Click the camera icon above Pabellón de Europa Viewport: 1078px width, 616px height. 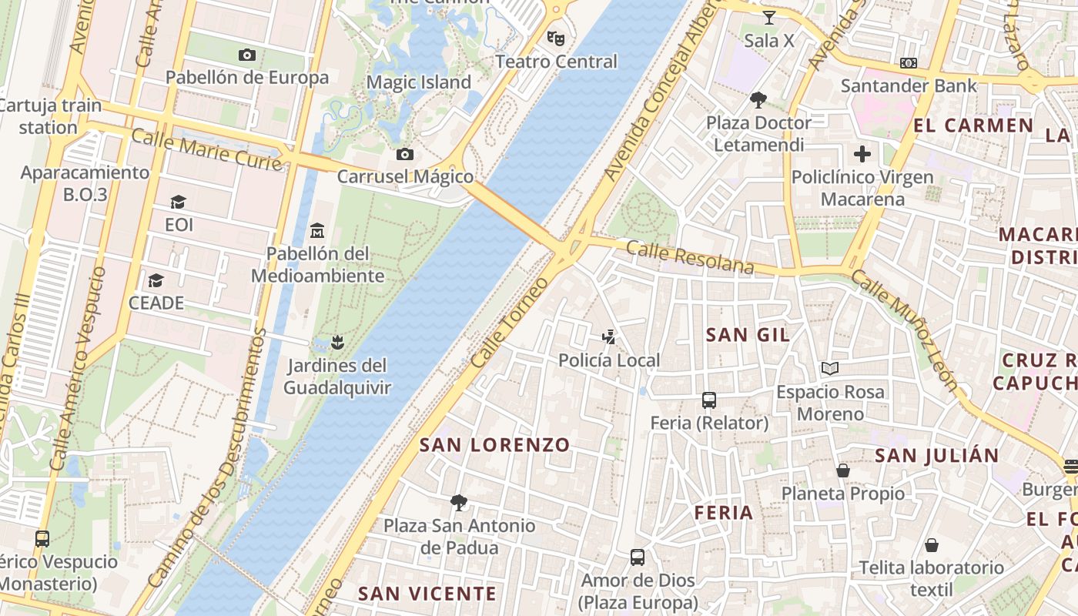click(247, 55)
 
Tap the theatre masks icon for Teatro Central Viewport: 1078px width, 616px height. click(556, 38)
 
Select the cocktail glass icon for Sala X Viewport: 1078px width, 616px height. click(768, 17)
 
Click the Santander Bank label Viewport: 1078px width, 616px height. click(909, 85)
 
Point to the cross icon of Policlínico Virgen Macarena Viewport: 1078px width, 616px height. click(862, 154)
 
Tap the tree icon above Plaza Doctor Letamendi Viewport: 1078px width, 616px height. click(758, 99)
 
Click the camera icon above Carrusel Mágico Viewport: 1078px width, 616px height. click(405, 154)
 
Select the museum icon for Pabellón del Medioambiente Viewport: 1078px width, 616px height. click(316, 230)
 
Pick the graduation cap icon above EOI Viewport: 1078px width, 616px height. click(179, 202)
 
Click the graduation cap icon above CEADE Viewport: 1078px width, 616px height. click(156, 280)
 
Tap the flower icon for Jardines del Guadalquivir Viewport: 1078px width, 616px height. click(336, 342)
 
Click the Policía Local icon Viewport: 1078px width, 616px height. click(609, 337)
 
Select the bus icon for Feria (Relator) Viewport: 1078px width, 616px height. click(709, 400)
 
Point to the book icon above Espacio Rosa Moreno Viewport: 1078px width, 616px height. click(830, 369)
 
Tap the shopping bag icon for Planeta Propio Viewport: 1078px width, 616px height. click(843, 470)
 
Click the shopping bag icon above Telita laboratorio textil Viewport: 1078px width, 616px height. click(932, 545)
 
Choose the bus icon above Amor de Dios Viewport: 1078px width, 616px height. click(638, 557)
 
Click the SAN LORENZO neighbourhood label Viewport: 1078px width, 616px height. click(494, 445)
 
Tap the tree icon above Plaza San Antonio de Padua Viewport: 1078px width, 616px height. click(459, 503)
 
